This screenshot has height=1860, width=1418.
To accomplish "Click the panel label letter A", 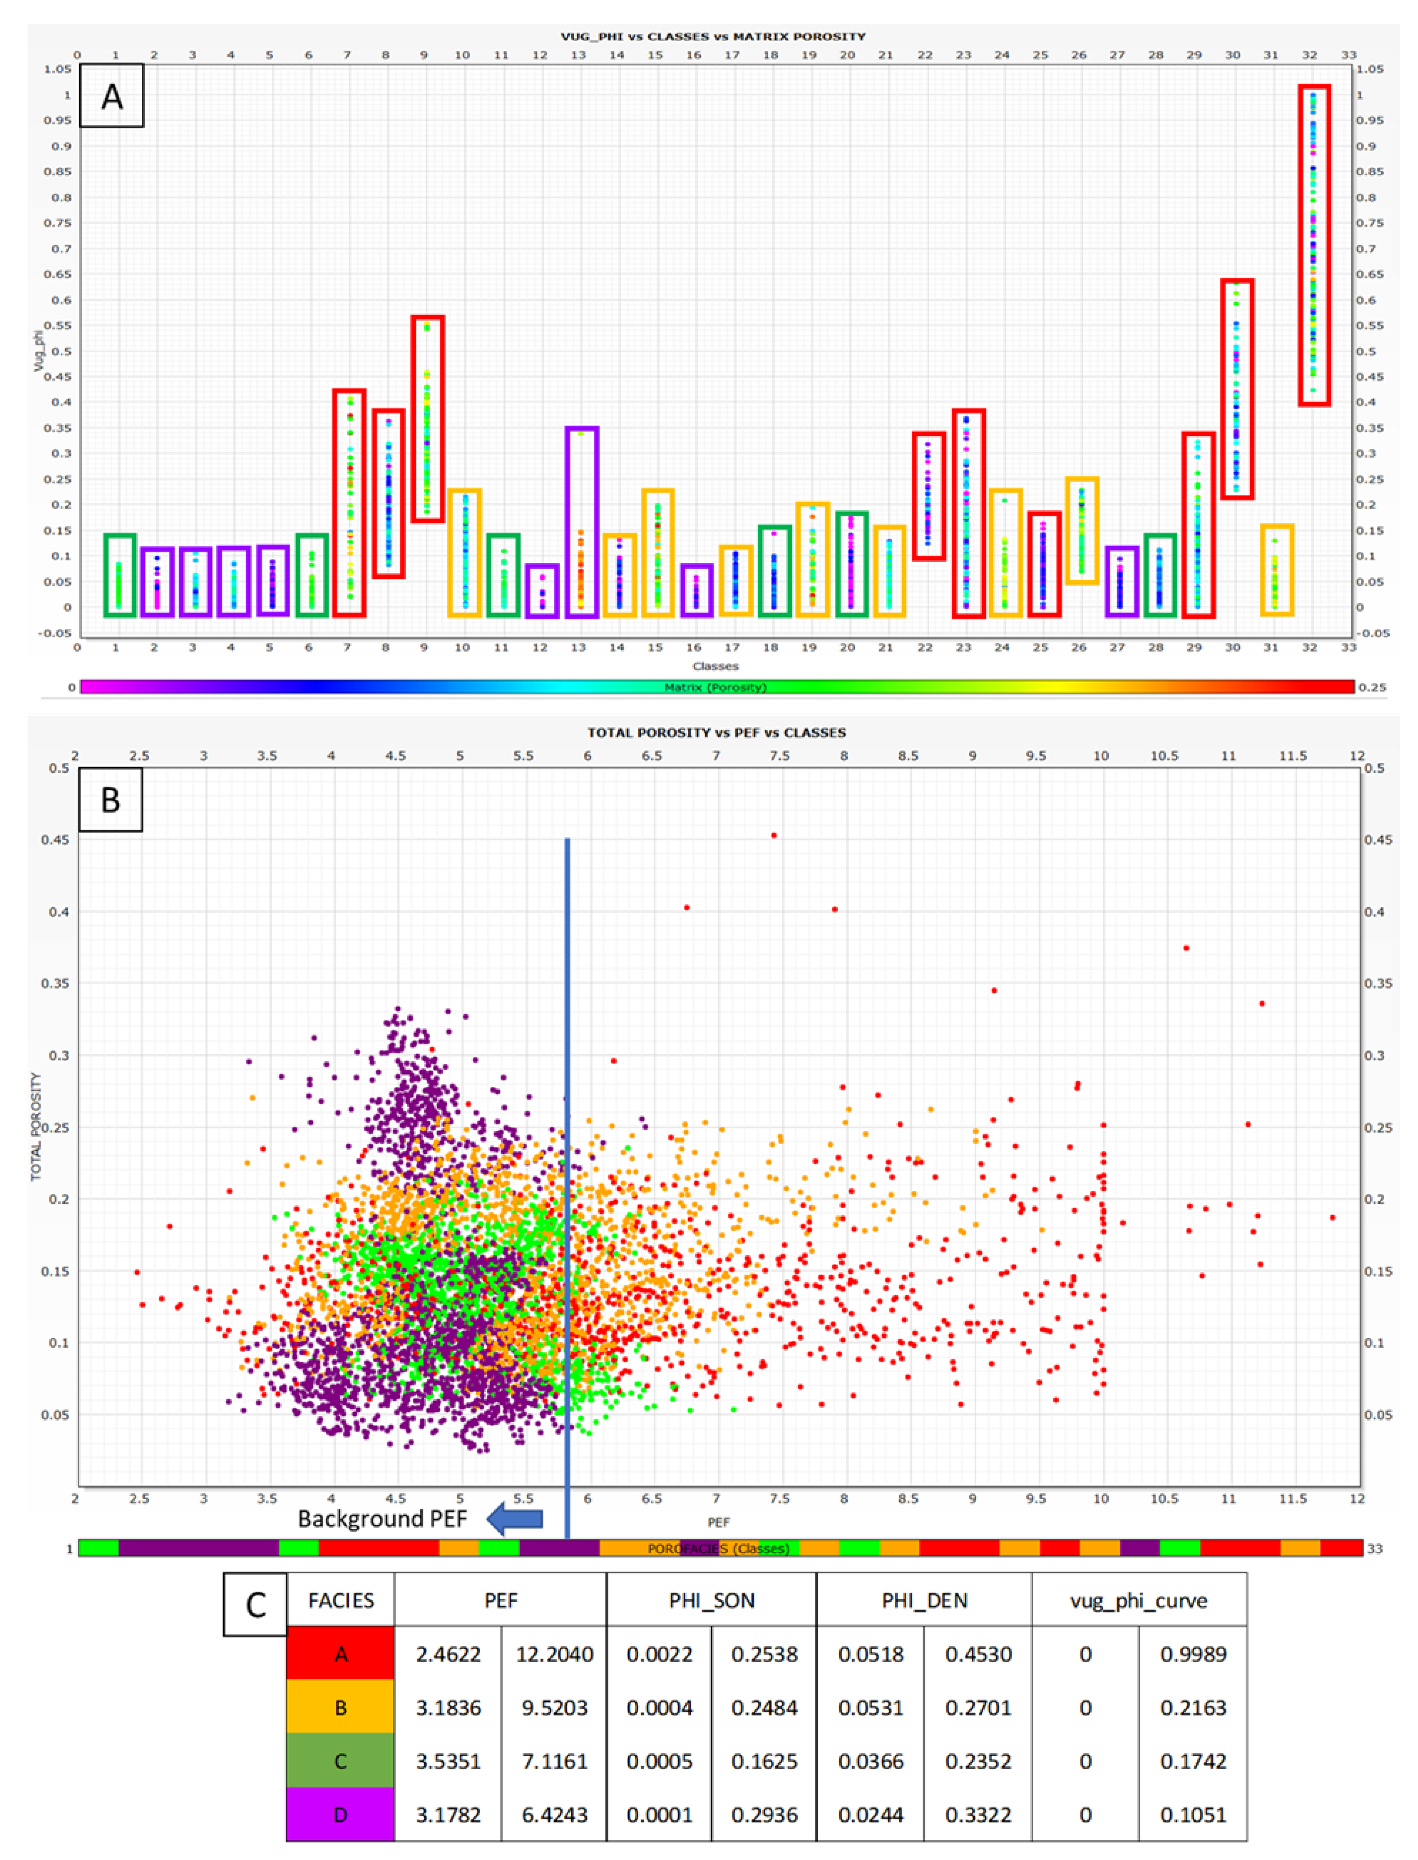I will point(111,96).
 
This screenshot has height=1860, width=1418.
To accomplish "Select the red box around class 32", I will point(1314,245).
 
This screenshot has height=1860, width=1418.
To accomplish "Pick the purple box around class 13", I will point(582,521).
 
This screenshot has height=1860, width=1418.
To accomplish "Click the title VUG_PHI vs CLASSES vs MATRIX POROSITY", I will point(713,36).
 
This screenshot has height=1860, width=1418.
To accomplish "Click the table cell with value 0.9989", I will point(1192,1654).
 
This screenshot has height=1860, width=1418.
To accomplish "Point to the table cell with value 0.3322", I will point(978,1815).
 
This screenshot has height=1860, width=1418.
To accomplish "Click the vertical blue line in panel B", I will point(567,1181).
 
